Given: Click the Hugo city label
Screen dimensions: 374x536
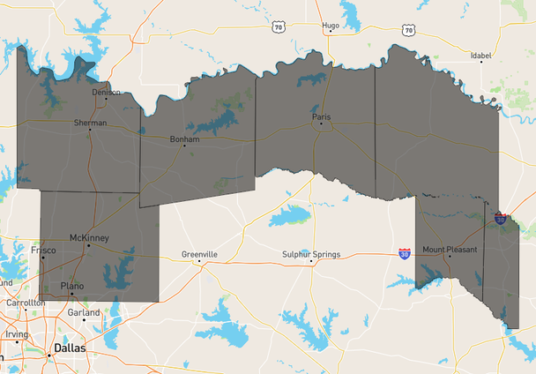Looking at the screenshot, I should (x=331, y=26).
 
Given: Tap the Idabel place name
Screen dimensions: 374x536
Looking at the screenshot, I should (x=480, y=55).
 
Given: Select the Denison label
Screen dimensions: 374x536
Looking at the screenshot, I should (x=105, y=92).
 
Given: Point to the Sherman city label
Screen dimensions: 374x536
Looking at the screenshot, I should (x=91, y=123).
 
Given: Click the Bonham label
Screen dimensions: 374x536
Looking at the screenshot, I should (x=185, y=138).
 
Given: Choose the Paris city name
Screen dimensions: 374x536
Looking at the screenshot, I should (x=321, y=116).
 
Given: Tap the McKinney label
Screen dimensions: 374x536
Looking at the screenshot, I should (x=88, y=237).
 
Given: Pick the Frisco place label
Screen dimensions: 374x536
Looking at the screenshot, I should (x=43, y=251).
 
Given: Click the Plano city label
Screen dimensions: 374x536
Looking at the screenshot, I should (x=72, y=286).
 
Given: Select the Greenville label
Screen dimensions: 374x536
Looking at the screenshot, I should (x=199, y=254).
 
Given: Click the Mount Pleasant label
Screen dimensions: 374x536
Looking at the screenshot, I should (x=450, y=250).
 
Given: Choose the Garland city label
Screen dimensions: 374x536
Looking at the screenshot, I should (x=85, y=312).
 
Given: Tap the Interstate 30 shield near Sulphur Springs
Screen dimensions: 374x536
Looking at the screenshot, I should (x=405, y=253).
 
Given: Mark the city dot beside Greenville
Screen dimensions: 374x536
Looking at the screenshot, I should (x=199, y=261).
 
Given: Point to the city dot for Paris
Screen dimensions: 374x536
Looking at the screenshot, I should (x=321, y=123).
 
